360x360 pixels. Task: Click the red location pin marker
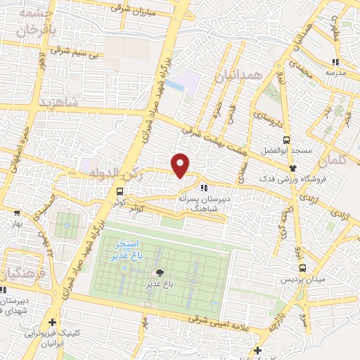click(x=181, y=165)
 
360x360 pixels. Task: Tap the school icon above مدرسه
click(x=335, y=63)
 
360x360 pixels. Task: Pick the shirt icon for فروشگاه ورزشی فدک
click(x=293, y=168)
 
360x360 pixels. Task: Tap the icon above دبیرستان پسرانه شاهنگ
click(x=204, y=188)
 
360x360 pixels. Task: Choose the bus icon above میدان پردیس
click(x=302, y=267)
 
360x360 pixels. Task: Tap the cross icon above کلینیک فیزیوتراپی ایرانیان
click(x=53, y=322)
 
